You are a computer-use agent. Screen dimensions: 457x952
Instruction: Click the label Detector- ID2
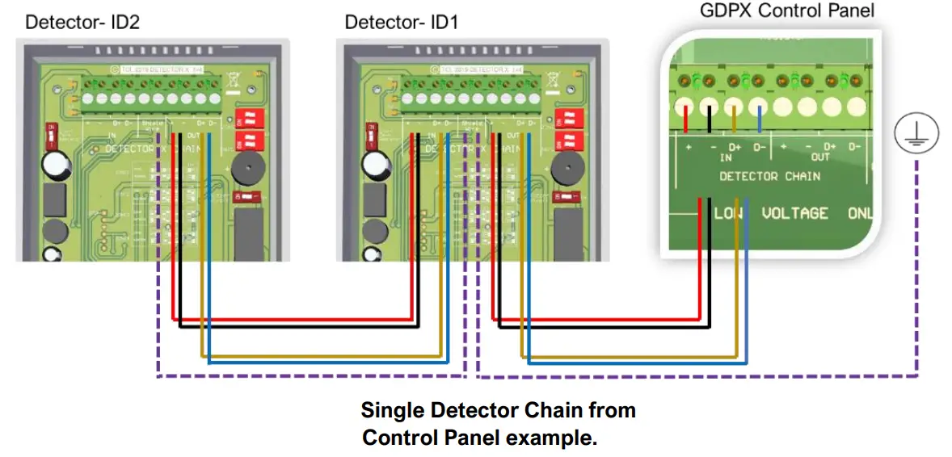click(x=82, y=22)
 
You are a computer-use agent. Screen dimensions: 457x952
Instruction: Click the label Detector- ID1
click(x=401, y=22)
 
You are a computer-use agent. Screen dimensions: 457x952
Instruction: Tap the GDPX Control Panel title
click(x=786, y=10)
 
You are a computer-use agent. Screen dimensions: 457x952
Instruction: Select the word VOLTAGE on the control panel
click(x=795, y=213)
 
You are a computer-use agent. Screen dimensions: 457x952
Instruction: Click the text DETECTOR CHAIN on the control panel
click(x=769, y=176)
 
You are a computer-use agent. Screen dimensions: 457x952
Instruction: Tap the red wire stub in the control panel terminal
click(x=686, y=118)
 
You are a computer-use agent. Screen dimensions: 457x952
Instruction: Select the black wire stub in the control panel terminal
click(x=709, y=118)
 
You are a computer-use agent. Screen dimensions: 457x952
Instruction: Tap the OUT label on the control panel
click(x=820, y=157)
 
